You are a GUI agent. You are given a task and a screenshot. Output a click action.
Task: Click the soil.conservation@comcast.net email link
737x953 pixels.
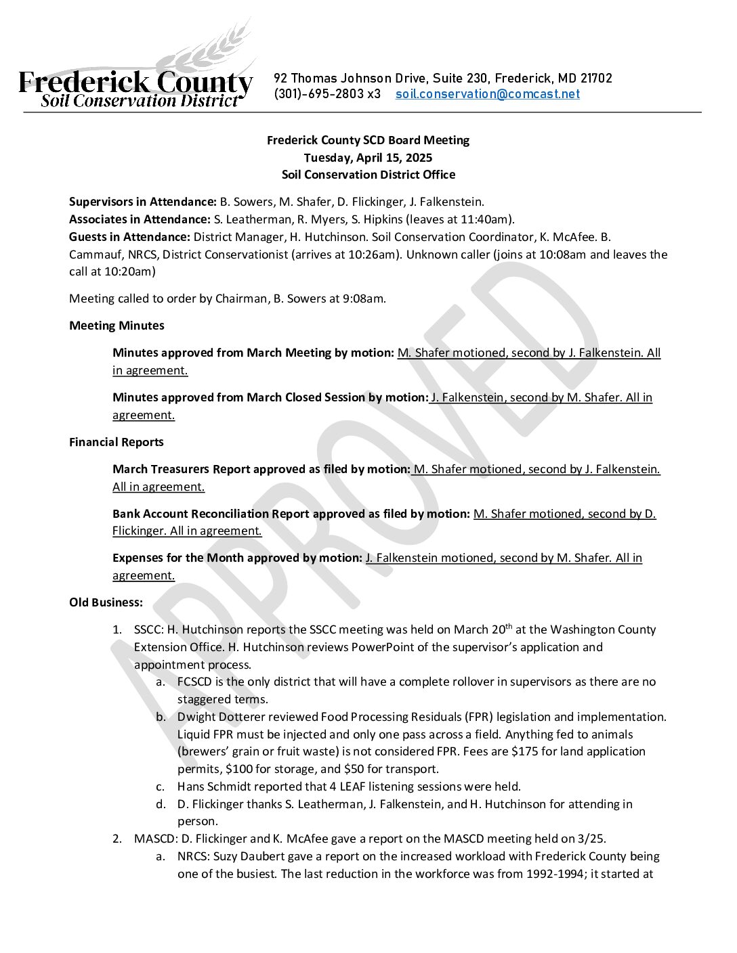(488, 94)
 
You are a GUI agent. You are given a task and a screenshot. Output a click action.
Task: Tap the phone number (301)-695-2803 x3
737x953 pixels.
(327, 94)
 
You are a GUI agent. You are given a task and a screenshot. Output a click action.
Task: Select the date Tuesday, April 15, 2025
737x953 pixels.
(368, 158)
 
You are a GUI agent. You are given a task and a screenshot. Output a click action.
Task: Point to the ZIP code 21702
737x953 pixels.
(596, 79)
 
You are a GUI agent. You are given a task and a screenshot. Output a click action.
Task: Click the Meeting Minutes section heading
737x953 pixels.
(117, 326)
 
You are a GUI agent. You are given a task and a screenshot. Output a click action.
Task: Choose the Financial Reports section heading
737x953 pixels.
(117, 442)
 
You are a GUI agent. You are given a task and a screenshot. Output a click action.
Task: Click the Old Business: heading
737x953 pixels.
(106, 602)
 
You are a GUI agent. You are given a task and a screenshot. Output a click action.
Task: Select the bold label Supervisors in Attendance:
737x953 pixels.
(143, 202)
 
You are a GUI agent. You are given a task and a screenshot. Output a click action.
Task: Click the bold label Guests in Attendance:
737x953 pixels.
(129, 237)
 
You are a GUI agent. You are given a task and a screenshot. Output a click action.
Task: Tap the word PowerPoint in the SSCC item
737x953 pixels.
(385, 647)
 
